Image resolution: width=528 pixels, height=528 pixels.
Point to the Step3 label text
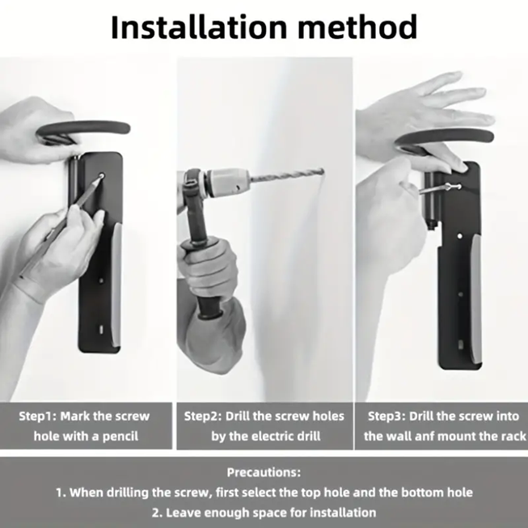click(x=391, y=416)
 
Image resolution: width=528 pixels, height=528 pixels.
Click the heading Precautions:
click(x=264, y=472)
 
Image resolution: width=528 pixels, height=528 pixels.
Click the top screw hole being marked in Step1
click(x=102, y=176)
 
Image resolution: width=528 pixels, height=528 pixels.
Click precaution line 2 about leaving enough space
click(x=264, y=512)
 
